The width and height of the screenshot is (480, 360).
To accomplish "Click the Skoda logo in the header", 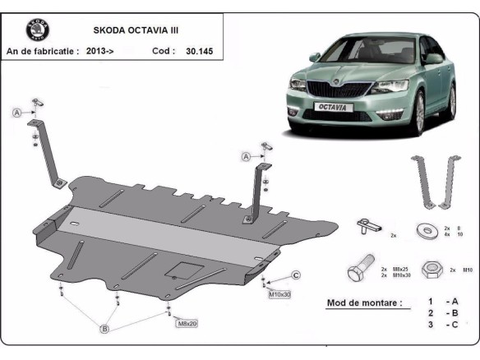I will [x=37, y=30].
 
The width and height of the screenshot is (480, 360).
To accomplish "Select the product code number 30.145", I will [x=199, y=51].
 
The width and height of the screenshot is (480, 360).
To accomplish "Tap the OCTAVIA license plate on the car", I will [x=331, y=107].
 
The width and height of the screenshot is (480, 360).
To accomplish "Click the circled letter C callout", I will [x=295, y=275].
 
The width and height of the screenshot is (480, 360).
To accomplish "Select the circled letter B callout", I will [x=105, y=329].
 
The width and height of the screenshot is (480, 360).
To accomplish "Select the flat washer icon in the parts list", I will [x=427, y=229].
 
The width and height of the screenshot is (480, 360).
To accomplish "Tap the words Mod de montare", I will [x=364, y=302].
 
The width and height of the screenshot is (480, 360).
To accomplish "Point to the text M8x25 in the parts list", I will [x=400, y=267].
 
